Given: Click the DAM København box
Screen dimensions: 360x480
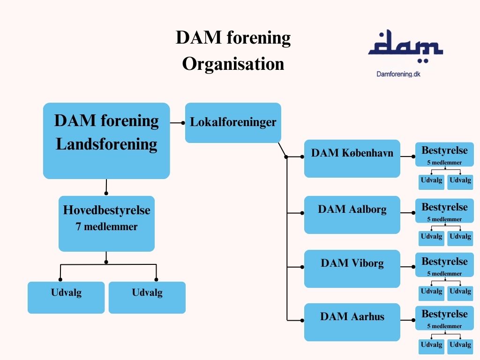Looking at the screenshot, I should pyautogui.click(x=352, y=158).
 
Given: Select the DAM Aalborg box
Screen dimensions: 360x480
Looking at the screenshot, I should pyautogui.click(x=352, y=215).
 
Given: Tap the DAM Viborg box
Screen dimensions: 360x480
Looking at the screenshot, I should pyautogui.click(x=352, y=269).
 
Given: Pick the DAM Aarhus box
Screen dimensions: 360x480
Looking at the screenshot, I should pyautogui.click(x=352, y=322).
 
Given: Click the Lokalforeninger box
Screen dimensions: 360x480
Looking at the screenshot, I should pyautogui.click(x=233, y=123).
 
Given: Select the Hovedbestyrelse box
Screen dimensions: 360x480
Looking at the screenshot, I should pyautogui.click(x=106, y=224).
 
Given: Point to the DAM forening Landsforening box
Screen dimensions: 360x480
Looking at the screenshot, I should pyautogui.click(x=106, y=141).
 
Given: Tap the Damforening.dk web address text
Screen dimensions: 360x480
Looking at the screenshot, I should pyautogui.click(x=398, y=74).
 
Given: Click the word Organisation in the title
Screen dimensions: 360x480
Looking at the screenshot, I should pyautogui.click(x=233, y=64).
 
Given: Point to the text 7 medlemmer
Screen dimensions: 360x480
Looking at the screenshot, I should pyautogui.click(x=107, y=227).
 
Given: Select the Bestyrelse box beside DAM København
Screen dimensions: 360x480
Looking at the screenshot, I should pyautogui.click(x=444, y=154).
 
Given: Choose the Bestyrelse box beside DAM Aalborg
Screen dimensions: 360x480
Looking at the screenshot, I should pyautogui.click(x=444, y=210).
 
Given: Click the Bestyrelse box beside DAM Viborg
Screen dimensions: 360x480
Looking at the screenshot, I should pyautogui.click(x=444, y=265).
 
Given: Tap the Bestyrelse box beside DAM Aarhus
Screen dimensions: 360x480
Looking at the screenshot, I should pyautogui.click(x=444, y=317).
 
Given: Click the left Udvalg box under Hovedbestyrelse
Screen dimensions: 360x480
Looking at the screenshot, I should pyautogui.click(x=66, y=297).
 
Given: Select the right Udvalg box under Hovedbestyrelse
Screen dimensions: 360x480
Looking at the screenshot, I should pyautogui.click(x=147, y=297).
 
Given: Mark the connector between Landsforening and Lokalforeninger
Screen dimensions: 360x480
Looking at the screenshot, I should pyautogui.click(x=177, y=123).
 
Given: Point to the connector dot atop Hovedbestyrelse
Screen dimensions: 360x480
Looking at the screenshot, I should pyautogui.click(x=106, y=193).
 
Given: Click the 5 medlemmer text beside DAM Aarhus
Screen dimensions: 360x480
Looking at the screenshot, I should pyautogui.click(x=444, y=326).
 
